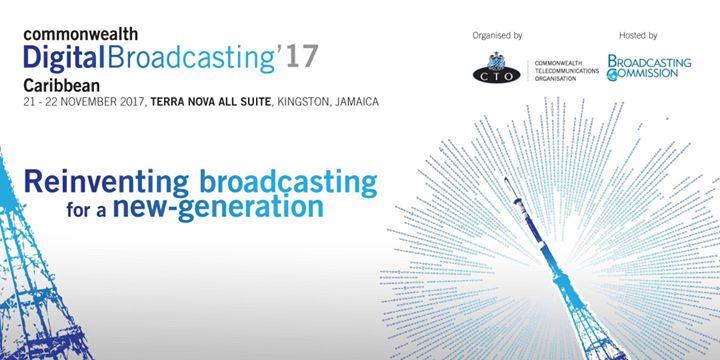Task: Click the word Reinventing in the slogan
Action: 107,183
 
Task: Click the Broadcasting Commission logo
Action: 648,69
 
